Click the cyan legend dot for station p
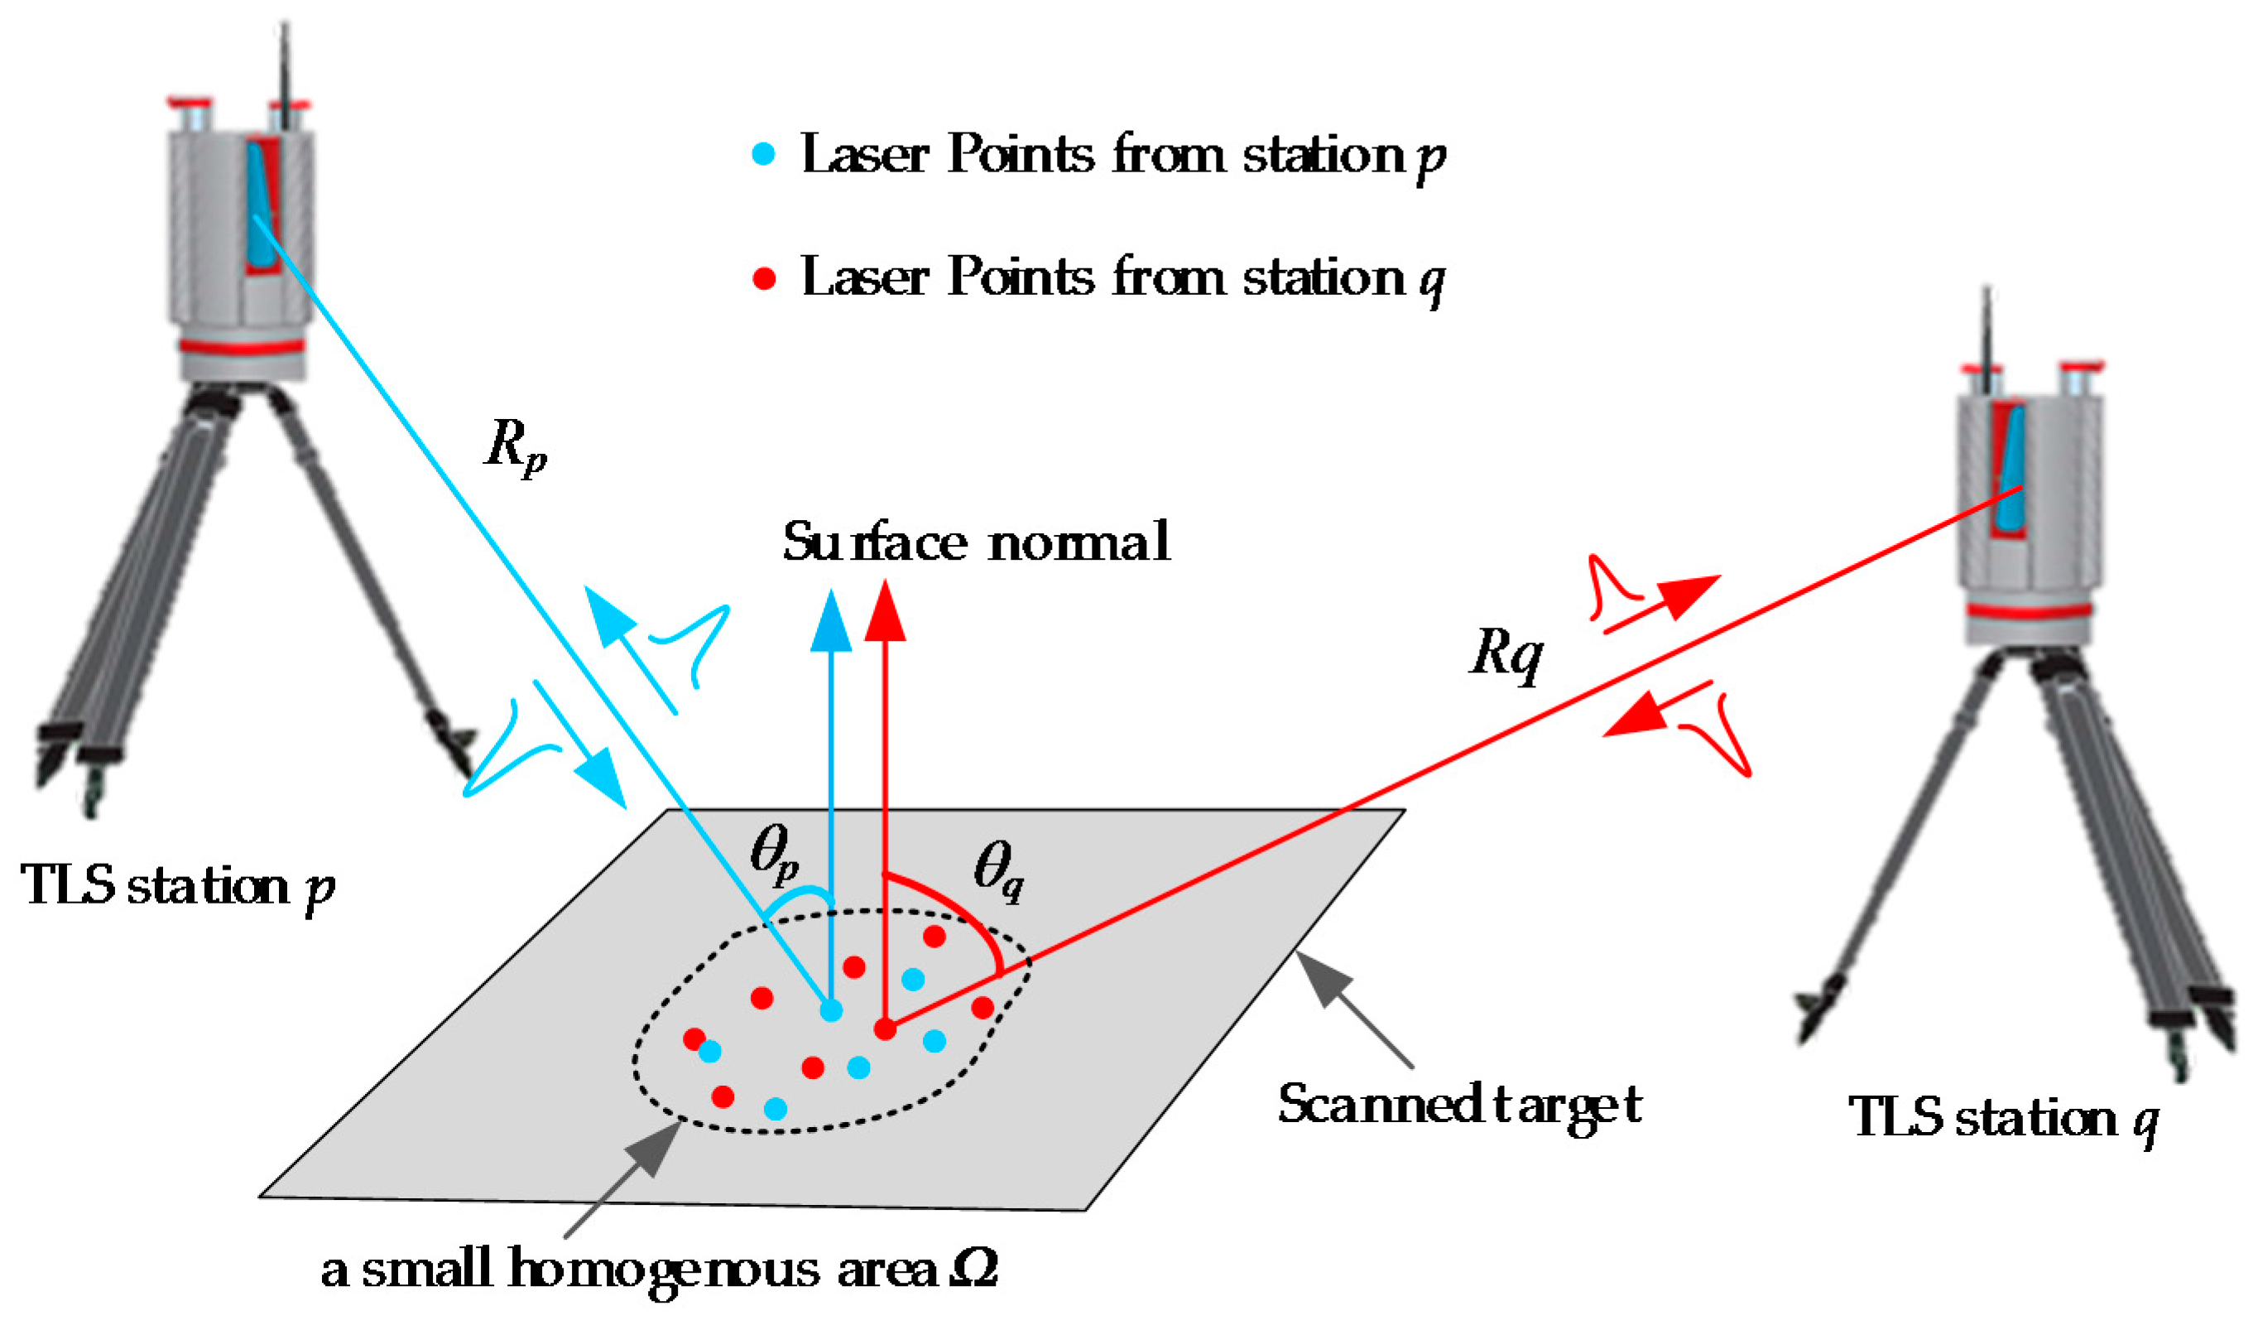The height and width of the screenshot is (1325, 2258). [762, 155]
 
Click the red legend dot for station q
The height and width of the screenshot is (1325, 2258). [763, 279]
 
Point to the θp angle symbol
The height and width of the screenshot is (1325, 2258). [774, 852]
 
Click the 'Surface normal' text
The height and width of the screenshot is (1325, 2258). [976, 542]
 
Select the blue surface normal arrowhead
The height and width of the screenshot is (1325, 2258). [832, 620]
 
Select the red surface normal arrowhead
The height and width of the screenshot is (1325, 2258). [886, 612]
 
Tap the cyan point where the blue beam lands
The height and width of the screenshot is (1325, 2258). [832, 1011]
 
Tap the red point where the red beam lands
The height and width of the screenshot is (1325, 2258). [886, 1029]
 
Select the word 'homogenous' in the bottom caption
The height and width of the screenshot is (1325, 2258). [664, 1271]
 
